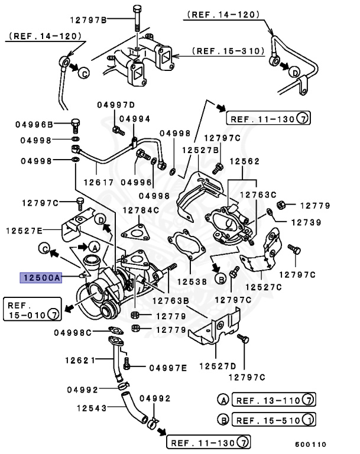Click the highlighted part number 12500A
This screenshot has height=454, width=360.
pos(41,276)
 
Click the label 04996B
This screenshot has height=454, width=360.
pos(34,124)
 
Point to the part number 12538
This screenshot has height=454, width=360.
pos(192,282)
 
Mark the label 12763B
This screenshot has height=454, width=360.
pos(170,300)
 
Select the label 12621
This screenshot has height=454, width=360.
pos(80,359)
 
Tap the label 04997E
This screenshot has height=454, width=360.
pos(167,368)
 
